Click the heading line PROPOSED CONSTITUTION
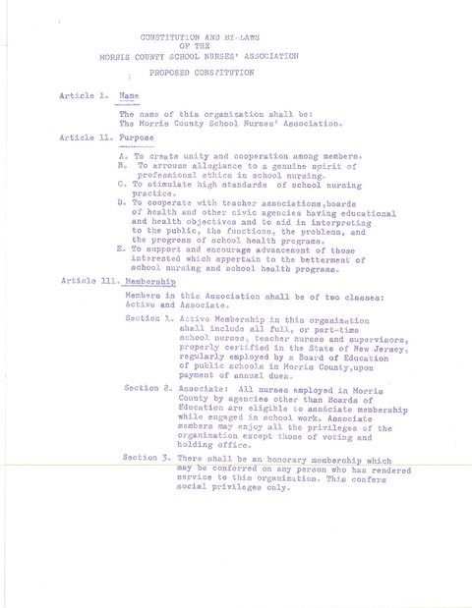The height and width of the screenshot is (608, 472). click(203, 73)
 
